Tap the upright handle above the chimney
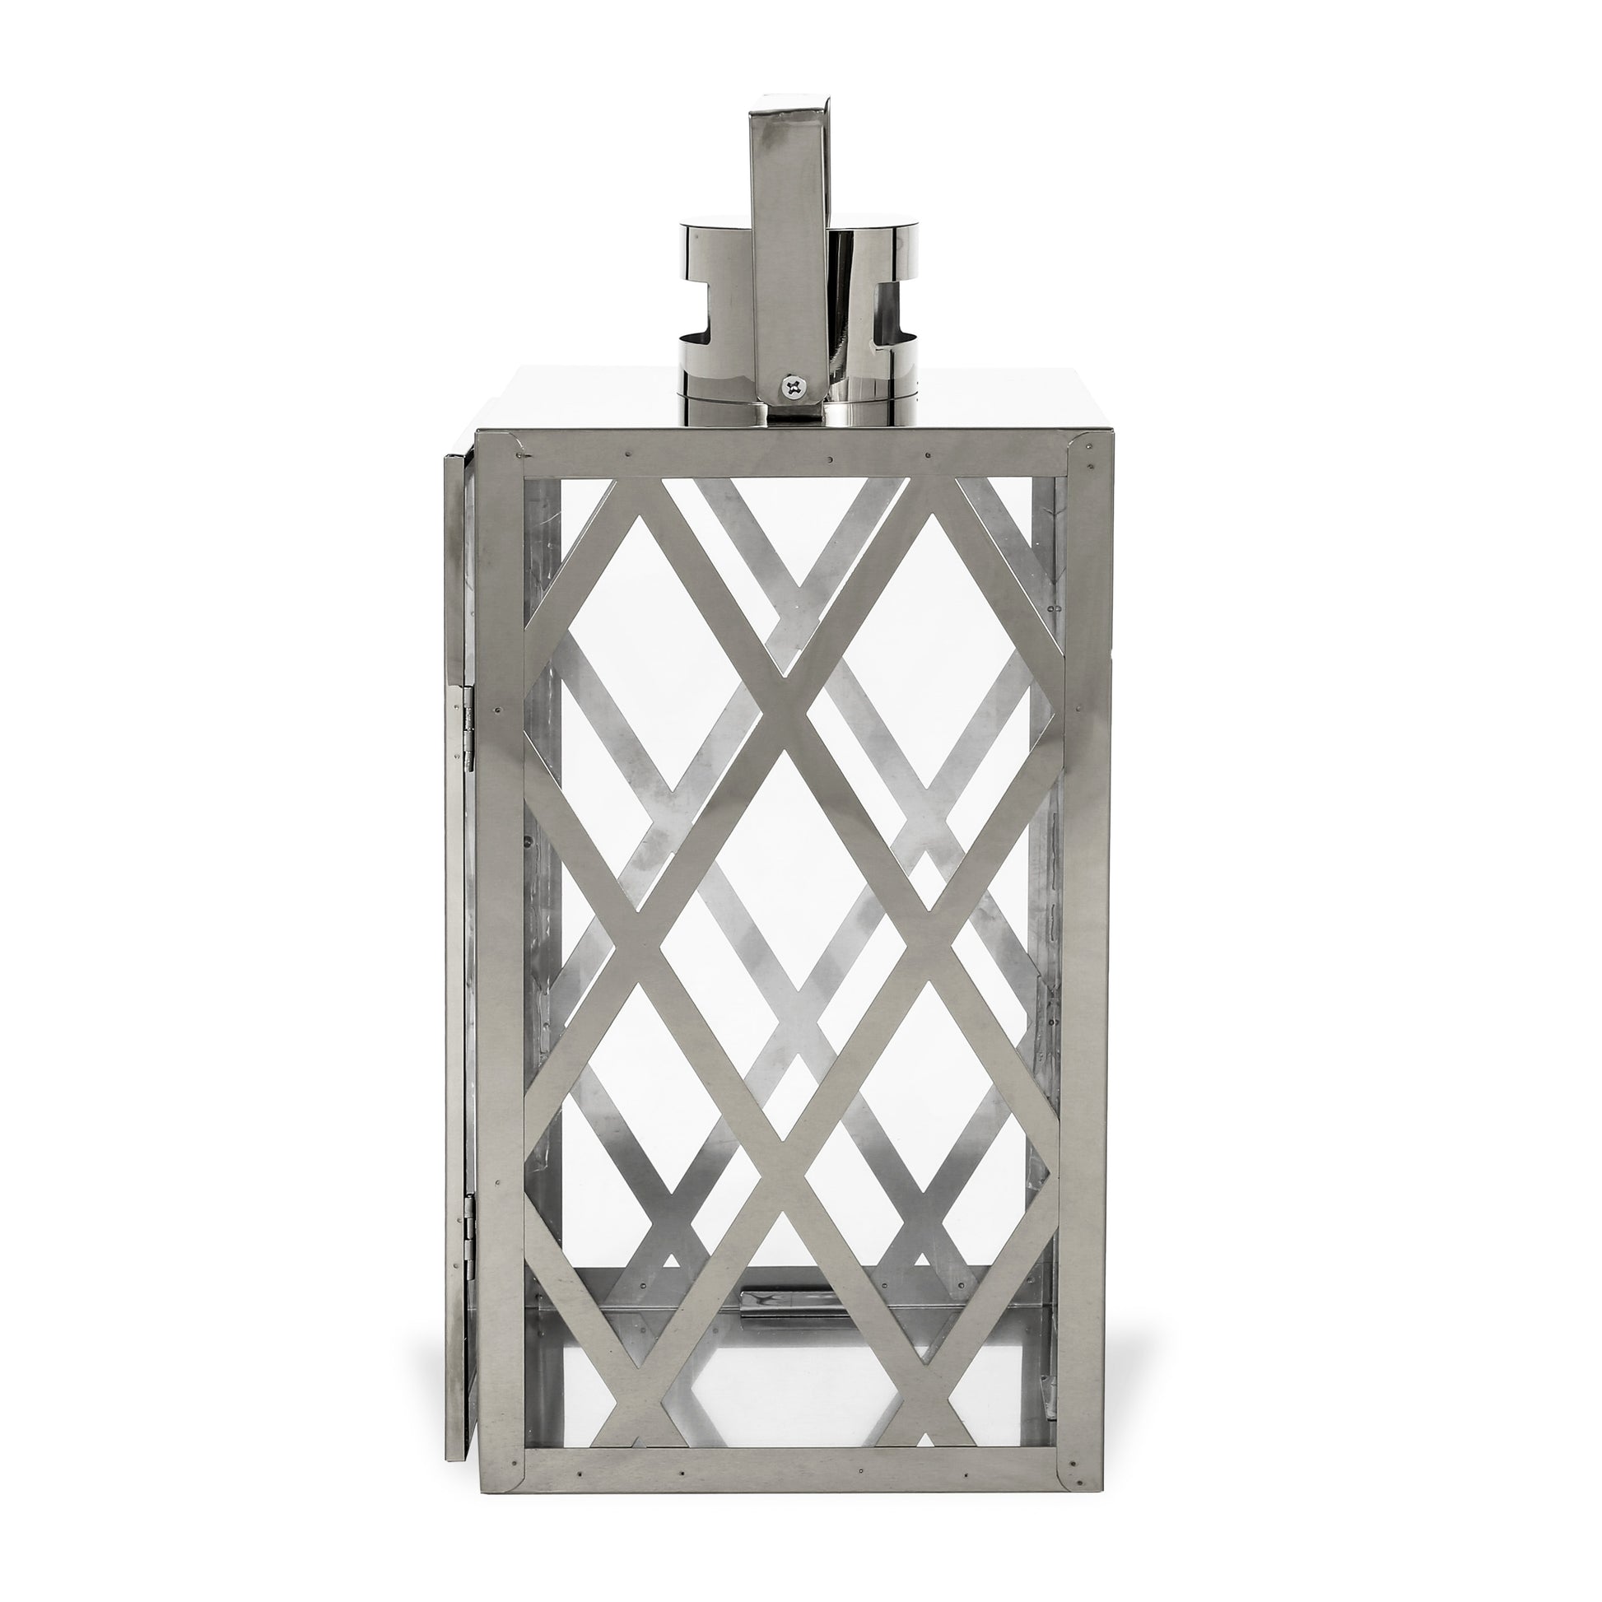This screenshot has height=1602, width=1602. pos(787,249)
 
